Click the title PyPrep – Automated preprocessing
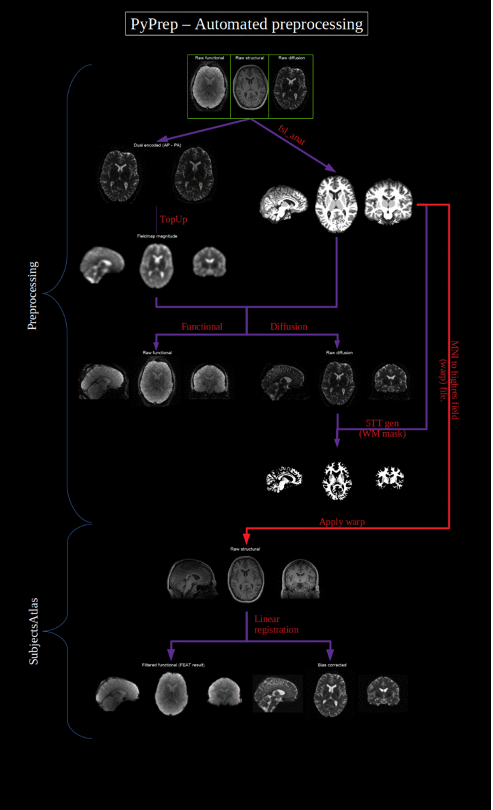coord(246,25)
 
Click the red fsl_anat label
coord(292,134)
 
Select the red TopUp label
coord(173,219)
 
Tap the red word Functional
coord(202,327)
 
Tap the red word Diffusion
coord(289,327)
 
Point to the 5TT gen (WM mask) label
coord(382,428)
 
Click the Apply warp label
coord(342,522)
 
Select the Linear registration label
coord(276,624)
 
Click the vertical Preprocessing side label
coord(33,295)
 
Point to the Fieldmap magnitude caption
coord(156,236)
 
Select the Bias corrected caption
coord(332,665)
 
